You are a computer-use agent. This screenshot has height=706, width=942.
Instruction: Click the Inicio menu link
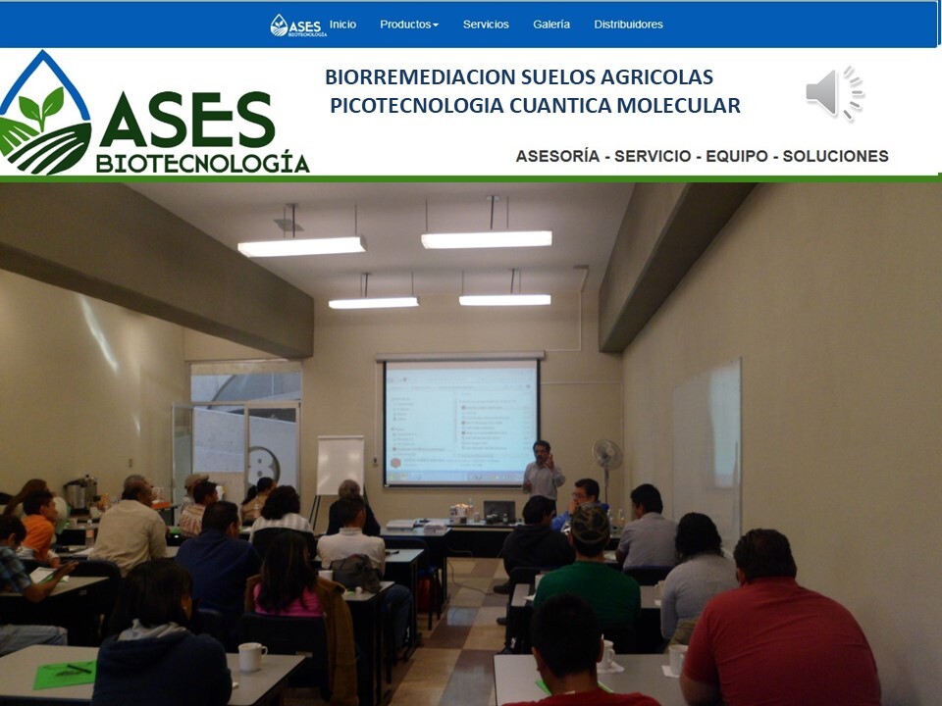[342, 25]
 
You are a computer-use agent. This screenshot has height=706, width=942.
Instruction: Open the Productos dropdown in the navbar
[409, 25]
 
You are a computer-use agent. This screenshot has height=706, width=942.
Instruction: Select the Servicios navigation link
[486, 25]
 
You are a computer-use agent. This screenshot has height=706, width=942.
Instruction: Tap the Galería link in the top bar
[551, 25]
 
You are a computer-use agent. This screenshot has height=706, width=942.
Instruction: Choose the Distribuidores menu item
[628, 25]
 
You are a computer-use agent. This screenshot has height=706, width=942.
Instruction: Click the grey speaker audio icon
[834, 93]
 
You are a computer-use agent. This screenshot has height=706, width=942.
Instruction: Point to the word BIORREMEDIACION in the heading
[420, 76]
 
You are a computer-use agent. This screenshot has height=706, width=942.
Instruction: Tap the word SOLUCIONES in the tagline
[835, 156]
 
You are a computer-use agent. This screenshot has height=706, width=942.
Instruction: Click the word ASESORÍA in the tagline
[557, 156]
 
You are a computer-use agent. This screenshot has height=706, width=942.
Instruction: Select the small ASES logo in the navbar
[298, 25]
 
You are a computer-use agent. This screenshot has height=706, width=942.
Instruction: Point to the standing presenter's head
[542, 450]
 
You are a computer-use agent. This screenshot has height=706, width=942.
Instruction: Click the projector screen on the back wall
[461, 423]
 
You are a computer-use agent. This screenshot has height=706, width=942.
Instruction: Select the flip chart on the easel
[340, 465]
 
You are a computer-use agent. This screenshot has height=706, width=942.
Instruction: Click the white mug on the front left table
[252, 657]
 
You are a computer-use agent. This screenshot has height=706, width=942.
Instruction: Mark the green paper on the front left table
[65, 675]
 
